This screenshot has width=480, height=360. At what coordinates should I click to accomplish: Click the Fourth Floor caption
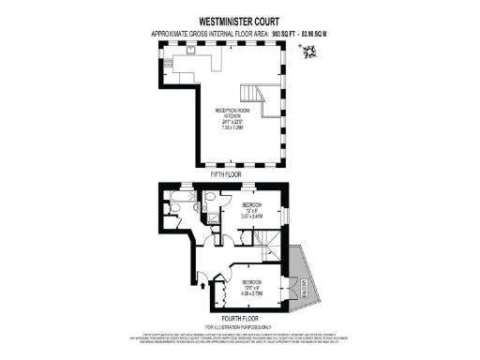[x=240, y=318]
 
